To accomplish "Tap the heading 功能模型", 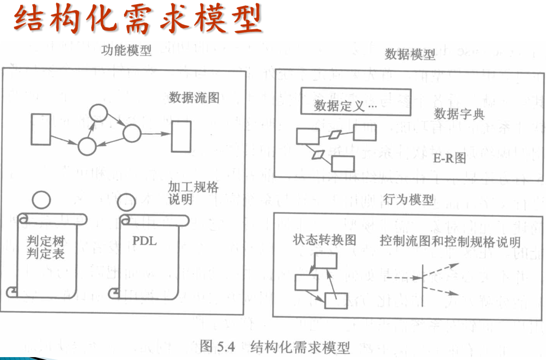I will pyautogui.click(x=126, y=50).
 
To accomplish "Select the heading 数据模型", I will pyautogui.click(x=410, y=54).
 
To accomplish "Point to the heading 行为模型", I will pyautogui.click(x=408, y=200).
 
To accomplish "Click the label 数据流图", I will pyautogui.click(x=194, y=97).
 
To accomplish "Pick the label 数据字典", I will pyautogui.click(x=459, y=114).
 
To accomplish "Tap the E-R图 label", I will pyautogui.click(x=449, y=158).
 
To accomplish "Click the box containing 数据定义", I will pyautogui.click(x=355, y=102).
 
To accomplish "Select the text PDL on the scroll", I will pyautogui.click(x=144, y=241).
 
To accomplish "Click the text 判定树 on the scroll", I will pyautogui.click(x=45, y=241).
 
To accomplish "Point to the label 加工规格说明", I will pyautogui.click(x=193, y=192).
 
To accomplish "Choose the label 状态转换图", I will pyautogui.click(x=324, y=240).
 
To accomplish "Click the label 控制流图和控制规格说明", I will pyautogui.click(x=450, y=241).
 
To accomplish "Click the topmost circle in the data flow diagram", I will pyautogui.click(x=98, y=113).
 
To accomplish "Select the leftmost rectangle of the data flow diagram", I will pyautogui.click(x=41, y=129).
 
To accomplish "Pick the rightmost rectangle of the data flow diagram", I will pyautogui.click(x=181, y=136).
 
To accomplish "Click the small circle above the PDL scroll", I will pyautogui.click(x=126, y=202).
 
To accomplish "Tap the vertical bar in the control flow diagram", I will pyautogui.click(x=422, y=285).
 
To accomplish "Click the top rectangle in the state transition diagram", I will pyautogui.click(x=325, y=260).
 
